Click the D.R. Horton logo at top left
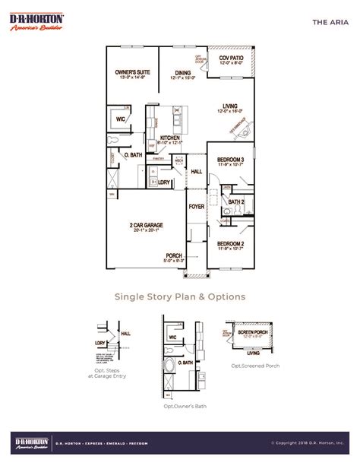pyautogui.click(x=37, y=21)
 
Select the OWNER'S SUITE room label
pyautogui.click(x=131, y=74)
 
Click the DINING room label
pyautogui.click(x=182, y=74)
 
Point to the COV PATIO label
pyautogui.click(x=230, y=59)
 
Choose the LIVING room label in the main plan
pyautogui.click(x=231, y=106)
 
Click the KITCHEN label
pyautogui.click(x=169, y=138)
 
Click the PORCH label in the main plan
pyautogui.click(x=174, y=255)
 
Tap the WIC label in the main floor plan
pyautogui.click(x=120, y=119)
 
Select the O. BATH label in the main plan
pyautogui.click(x=134, y=154)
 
